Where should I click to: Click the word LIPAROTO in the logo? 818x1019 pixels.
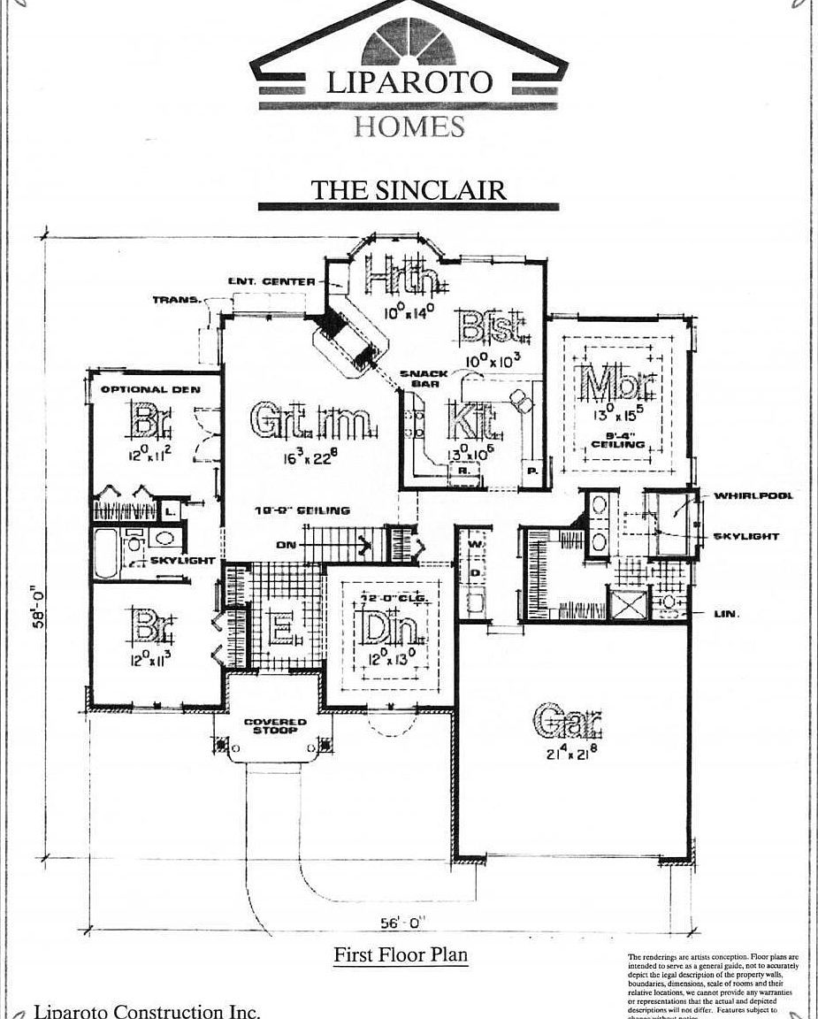pos(409,83)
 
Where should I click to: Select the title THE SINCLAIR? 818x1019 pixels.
pos(408,189)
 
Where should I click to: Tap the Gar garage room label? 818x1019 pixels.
pos(569,723)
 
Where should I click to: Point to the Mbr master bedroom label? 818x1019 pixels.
pos(620,385)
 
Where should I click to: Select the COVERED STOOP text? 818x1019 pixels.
pos(275,726)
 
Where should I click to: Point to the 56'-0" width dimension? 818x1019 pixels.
pos(403,923)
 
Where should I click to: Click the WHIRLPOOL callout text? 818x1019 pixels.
pos(753,495)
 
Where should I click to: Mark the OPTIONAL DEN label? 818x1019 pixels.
pos(149,389)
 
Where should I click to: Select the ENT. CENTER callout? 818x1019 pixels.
pos(271,281)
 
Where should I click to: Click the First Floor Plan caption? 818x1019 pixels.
pos(400,955)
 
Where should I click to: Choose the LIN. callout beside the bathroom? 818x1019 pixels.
pos(726,613)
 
